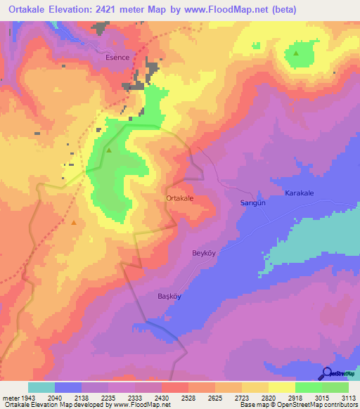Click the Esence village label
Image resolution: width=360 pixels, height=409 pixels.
pos(117,58)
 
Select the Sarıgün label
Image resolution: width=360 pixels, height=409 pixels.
pos(247,203)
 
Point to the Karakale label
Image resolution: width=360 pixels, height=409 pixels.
pos(302,193)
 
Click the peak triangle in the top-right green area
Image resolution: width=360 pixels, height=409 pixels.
pos(296,53)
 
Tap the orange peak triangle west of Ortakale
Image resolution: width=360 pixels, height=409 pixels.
pos(73,223)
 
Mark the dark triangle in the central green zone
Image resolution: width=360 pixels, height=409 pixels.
pos(109,150)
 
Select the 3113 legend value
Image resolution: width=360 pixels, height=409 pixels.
pos(349,397)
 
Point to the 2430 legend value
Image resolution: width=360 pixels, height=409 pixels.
pos(162,397)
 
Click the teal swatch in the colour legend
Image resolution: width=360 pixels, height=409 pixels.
pos(41,387)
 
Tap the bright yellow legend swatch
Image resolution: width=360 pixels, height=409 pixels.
pos(282,387)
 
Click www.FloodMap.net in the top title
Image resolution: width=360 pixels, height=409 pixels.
pos(231,10)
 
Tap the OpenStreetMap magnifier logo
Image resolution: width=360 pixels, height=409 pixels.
pos(326,374)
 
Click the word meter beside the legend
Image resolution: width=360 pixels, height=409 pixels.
pos(11,397)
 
